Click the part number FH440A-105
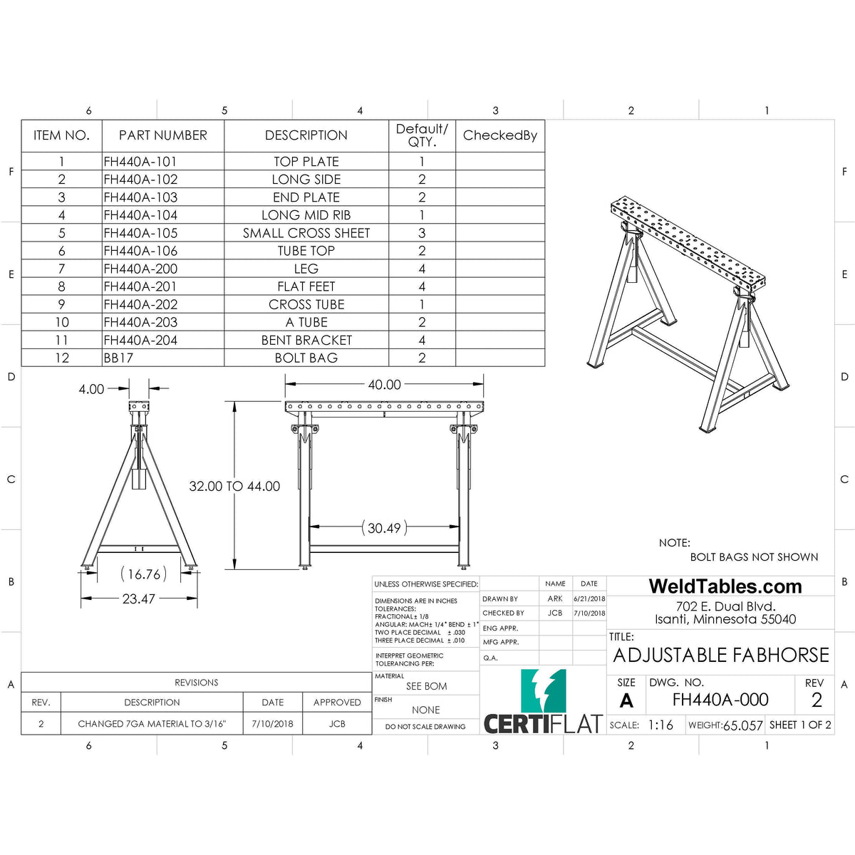(140, 233)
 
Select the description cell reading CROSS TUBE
(306, 304)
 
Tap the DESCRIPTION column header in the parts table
(306, 135)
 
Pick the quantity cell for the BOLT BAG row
(422, 358)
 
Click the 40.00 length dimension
(384, 385)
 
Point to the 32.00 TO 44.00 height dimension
(234, 486)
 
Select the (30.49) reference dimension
(384, 528)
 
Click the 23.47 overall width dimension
(138, 598)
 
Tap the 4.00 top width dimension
(91, 389)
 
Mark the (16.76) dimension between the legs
(143, 574)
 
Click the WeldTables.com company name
(725, 586)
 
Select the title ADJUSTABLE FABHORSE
(721, 655)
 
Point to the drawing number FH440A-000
(720, 700)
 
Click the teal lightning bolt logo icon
(543, 690)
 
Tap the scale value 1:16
(660, 725)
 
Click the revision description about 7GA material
(152, 724)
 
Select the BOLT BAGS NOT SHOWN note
(754, 557)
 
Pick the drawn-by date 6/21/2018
(589, 599)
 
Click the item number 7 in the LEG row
(62, 269)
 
